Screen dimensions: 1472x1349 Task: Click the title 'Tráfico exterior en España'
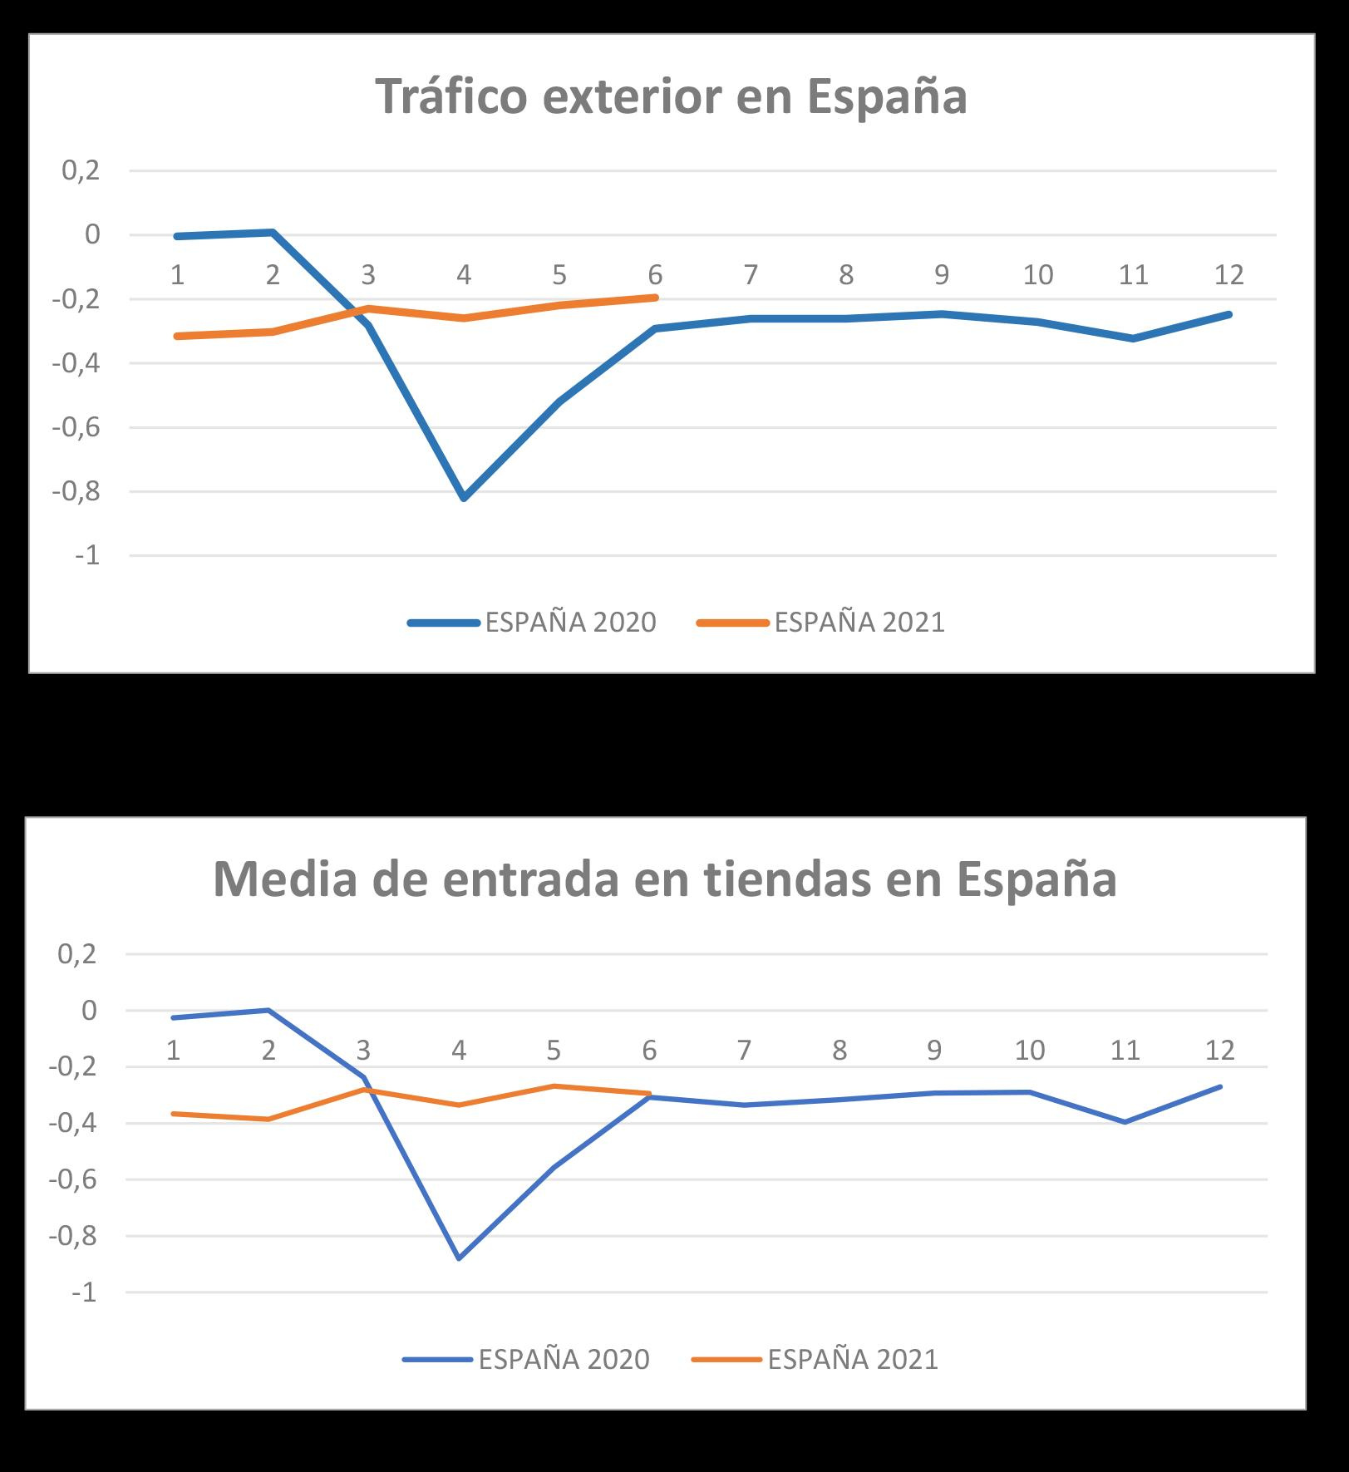671,96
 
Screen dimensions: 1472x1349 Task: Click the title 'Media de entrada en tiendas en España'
664,879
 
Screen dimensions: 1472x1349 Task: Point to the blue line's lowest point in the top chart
464,498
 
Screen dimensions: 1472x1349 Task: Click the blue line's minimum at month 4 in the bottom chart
459,1258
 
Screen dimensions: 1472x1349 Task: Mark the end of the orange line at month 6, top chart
656,297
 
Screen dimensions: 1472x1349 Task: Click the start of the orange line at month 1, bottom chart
174,1113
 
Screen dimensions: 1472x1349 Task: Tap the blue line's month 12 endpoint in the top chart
1228,314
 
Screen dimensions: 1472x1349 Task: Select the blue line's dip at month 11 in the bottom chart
1125,1122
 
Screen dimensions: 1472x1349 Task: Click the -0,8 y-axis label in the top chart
76,491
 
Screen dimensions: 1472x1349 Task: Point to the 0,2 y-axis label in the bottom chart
77,953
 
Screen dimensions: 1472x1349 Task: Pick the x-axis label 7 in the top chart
751,274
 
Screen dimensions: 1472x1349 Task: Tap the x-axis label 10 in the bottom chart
1029,1051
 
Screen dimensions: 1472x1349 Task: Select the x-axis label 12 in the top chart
1228,274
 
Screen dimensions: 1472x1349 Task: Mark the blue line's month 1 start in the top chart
177,236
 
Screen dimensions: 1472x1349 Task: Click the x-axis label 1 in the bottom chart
174,1051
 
